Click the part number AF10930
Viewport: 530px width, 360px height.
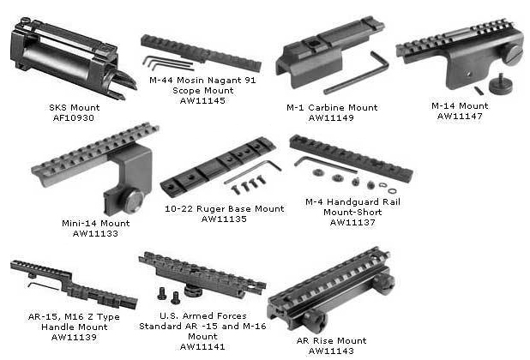[x=74, y=118]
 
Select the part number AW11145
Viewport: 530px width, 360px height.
[x=202, y=100]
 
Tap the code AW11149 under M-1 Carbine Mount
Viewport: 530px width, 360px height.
[x=331, y=118]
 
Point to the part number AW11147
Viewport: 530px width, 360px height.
[x=460, y=117]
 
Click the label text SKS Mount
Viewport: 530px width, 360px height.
[x=75, y=108]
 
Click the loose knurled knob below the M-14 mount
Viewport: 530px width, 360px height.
[x=501, y=84]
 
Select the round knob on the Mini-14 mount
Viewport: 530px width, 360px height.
[x=132, y=201]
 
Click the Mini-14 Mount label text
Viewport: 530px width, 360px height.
[x=96, y=223]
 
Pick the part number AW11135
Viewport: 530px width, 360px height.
[x=224, y=219]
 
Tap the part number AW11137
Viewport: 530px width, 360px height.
[x=352, y=223]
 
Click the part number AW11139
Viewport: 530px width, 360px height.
[x=74, y=337]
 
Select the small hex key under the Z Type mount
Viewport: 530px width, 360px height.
[x=43, y=286]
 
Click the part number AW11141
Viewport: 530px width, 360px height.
[x=202, y=346]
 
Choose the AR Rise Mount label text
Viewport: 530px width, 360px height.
[x=331, y=341]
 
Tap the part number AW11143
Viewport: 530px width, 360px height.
[x=331, y=351]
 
